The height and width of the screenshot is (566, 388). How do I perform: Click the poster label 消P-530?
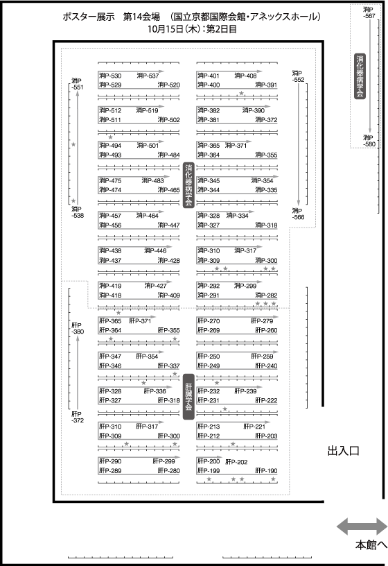click(110, 76)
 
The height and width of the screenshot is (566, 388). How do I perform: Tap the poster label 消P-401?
click(209, 76)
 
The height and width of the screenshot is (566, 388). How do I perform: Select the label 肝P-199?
click(209, 470)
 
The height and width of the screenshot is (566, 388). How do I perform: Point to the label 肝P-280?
click(169, 470)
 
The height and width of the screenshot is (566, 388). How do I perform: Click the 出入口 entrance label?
click(343, 450)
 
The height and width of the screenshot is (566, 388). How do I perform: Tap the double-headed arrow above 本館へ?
click(362, 526)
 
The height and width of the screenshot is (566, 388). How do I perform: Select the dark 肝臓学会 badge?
click(188, 397)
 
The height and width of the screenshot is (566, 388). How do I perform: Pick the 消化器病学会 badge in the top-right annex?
click(360, 76)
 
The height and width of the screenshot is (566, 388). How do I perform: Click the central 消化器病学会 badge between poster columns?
click(188, 185)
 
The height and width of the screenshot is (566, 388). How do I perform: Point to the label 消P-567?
click(369, 12)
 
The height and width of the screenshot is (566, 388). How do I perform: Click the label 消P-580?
click(369, 141)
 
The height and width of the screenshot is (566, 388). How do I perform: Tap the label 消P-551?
click(77, 84)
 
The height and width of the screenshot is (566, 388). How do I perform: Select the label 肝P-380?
click(78, 328)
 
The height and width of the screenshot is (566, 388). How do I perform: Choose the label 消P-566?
click(298, 214)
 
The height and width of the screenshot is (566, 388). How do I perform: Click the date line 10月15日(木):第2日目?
click(192, 29)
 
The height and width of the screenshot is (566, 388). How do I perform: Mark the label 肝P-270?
click(209, 321)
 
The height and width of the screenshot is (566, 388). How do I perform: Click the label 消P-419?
click(110, 286)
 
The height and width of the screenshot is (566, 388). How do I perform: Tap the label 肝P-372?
click(78, 417)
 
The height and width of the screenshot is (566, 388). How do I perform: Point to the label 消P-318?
click(267, 225)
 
